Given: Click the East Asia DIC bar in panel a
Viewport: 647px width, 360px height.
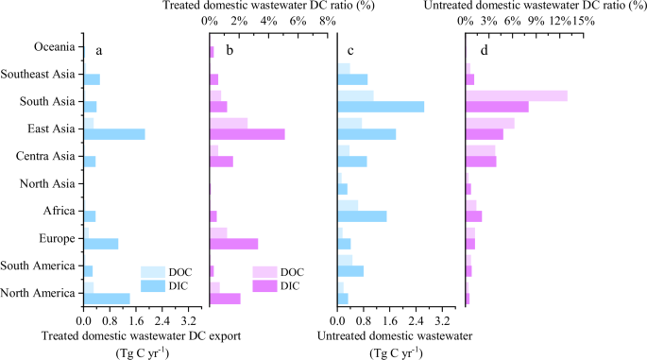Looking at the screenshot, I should tap(114, 134).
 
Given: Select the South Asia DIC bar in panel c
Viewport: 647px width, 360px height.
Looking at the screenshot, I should tap(381, 107).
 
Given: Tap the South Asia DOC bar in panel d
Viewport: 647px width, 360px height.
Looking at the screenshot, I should tap(516, 95).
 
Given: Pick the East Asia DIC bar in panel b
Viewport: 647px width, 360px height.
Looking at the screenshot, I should tap(247, 134).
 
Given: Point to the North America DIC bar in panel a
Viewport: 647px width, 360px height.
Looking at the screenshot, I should tap(107, 299).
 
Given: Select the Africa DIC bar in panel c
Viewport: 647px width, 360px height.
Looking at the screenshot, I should tap(362, 216).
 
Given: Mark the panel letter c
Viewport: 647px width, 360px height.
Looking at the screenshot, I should tap(351, 50).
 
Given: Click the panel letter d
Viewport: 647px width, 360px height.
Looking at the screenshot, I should tap(484, 50).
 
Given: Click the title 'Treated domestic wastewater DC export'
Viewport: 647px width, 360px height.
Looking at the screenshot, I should tap(142, 335).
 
